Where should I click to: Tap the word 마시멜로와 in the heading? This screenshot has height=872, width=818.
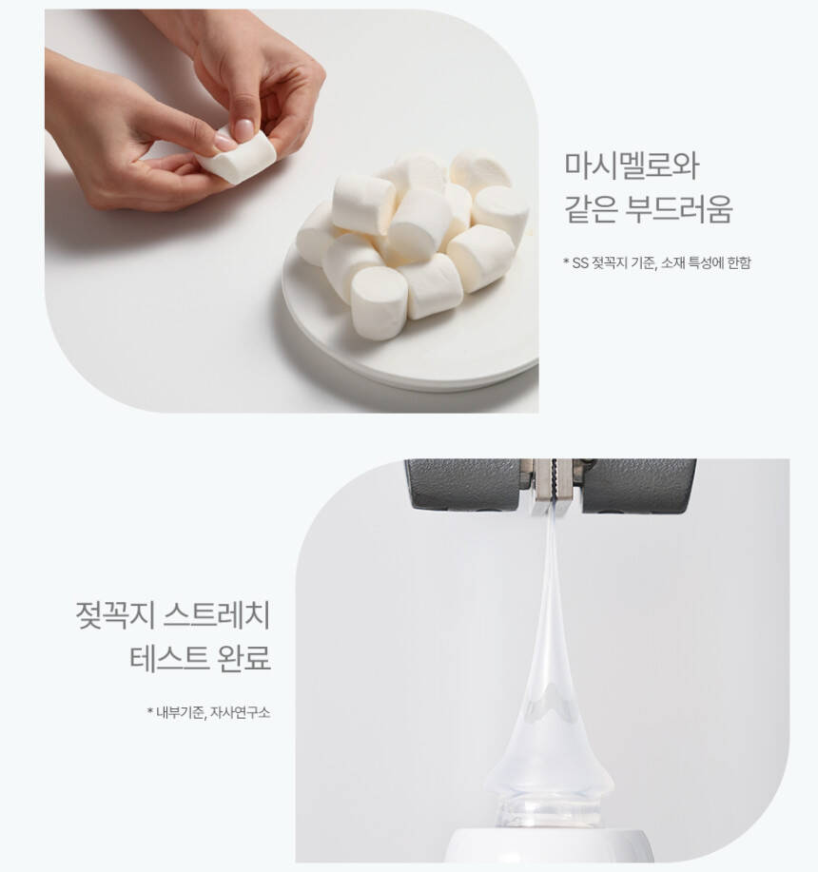point(632,165)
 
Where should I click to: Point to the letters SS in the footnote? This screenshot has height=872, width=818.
point(580,263)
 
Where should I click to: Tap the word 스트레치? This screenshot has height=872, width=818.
point(218,614)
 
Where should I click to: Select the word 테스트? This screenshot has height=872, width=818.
point(168,658)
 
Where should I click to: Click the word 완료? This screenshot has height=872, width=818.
point(245,658)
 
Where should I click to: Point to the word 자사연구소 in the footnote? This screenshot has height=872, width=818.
point(241,712)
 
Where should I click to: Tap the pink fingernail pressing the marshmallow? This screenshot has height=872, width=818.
point(243,130)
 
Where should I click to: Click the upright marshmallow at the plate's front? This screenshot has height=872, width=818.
point(380,303)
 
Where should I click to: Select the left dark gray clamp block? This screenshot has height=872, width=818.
point(463,483)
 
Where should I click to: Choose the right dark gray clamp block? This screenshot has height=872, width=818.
point(639,483)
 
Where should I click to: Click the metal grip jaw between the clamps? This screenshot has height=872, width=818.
point(553,484)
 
